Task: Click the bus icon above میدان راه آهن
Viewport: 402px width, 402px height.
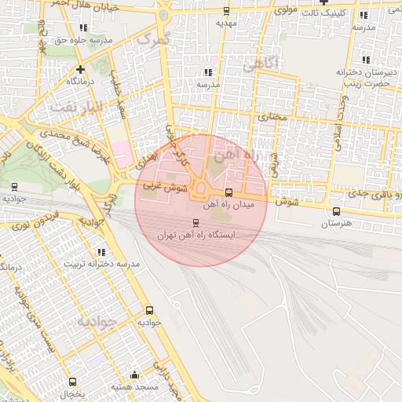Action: pos(228,192)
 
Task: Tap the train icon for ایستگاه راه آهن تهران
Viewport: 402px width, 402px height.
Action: pos(196,223)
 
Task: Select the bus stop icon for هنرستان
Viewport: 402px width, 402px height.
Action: pos(337,211)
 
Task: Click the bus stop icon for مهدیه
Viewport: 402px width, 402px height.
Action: pos(227,11)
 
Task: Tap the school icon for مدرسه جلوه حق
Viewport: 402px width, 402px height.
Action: pos(83,27)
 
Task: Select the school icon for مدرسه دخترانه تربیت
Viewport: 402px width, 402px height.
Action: pos(101,252)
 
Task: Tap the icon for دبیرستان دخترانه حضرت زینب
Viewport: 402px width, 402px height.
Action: pos(366,60)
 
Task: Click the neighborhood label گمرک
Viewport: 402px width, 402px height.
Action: pos(152,38)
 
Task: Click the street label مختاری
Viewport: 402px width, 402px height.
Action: pos(272,117)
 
